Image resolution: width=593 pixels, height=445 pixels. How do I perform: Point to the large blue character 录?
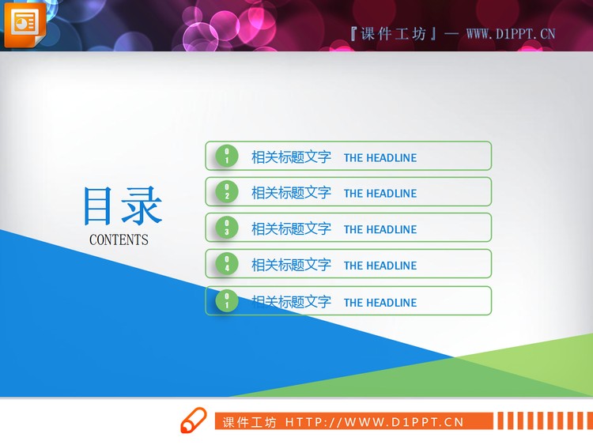tap(142, 207)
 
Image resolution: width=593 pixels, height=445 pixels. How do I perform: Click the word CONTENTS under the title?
tap(119, 239)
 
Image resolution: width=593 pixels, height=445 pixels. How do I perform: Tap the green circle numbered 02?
tap(227, 192)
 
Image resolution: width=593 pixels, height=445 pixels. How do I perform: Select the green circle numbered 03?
tap(227, 228)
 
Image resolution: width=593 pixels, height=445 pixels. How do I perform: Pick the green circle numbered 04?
tap(227, 264)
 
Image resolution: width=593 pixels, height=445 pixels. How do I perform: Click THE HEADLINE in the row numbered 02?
tap(380, 194)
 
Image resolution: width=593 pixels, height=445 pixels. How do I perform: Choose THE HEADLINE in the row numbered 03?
tap(380, 230)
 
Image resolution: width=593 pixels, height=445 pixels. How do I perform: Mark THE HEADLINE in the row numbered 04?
tap(380, 266)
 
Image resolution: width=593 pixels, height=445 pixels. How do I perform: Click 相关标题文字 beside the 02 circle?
tap(291, 193)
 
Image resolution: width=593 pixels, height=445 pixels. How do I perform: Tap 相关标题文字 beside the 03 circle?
tap(291, 229)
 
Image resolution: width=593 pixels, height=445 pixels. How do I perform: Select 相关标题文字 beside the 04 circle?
tap(291, 265)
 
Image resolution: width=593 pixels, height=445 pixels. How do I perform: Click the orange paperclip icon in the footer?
tap(193, 421)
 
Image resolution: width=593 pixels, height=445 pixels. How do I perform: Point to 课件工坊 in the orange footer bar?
tap(249, 422)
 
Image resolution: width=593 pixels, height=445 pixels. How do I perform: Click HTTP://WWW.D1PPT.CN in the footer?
tap(374, 422)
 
